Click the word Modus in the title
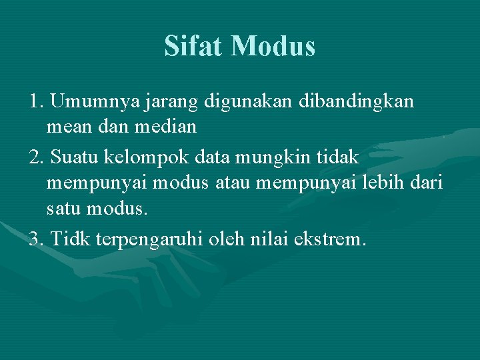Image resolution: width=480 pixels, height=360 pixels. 274,46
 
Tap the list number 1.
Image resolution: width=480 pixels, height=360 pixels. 36,102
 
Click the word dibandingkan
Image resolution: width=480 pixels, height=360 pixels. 358,102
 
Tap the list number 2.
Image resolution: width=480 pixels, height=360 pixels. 36,158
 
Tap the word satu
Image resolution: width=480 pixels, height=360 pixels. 65,209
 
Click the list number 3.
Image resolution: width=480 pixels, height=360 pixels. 36,238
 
